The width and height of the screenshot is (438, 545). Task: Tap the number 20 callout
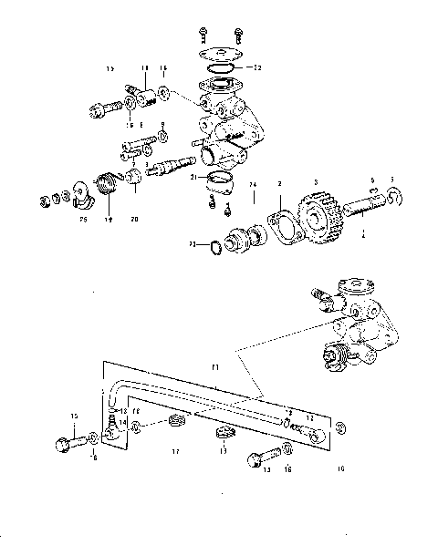135,218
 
